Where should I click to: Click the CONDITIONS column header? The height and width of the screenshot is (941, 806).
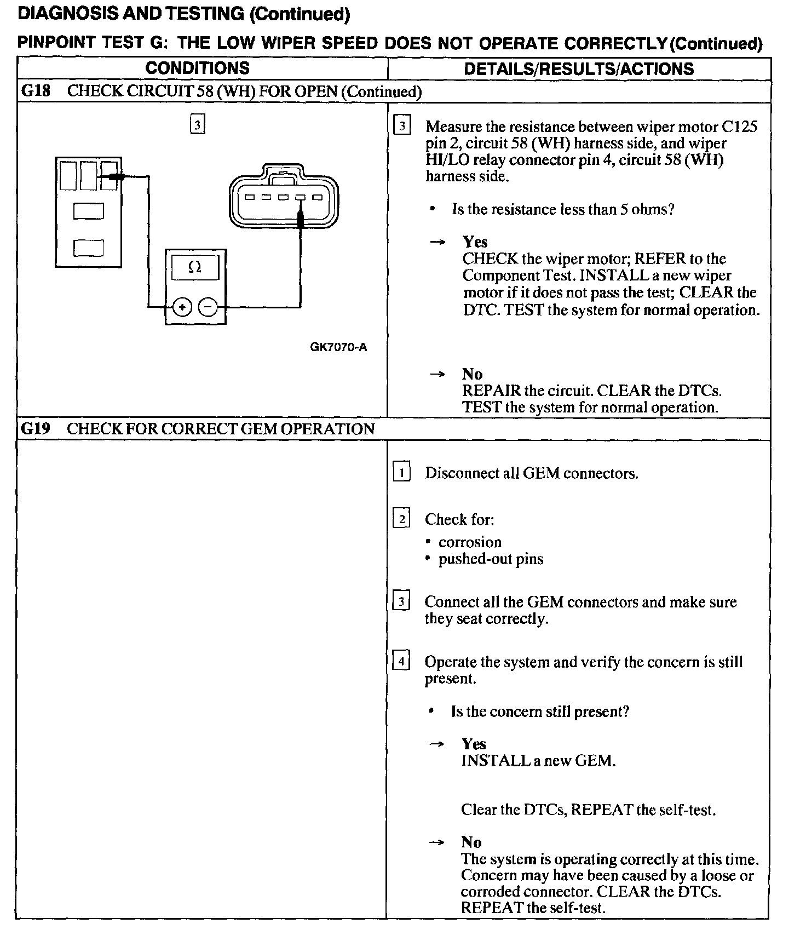tap(197, 68)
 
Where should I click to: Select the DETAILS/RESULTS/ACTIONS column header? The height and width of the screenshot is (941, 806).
tap(579, 69)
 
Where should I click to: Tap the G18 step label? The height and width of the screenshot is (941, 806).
tap(35, 91)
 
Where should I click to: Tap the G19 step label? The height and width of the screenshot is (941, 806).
tap(35, 428)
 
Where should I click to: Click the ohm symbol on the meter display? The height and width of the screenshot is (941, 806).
tap(194, 267)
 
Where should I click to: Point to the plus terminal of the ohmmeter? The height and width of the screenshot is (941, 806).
tap(182, 307)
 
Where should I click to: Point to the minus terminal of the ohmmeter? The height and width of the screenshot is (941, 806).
tap(208, 307)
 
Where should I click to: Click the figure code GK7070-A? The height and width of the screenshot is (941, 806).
tap(338, 347)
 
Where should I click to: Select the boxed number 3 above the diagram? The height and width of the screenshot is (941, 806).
tap(197, 124)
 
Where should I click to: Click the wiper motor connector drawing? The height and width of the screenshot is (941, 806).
tap(284, 196)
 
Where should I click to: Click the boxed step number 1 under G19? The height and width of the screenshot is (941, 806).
tap(401, 472)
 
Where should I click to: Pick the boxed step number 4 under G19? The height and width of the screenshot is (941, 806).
tap(401, 662)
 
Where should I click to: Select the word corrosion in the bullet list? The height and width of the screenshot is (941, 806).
tap(470, 542)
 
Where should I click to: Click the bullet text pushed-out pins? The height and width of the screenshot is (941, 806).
tap(491, 559)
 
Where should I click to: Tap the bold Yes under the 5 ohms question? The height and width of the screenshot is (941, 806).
tap(475, 242)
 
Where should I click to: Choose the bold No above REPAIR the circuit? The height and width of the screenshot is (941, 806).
tap(472, 374)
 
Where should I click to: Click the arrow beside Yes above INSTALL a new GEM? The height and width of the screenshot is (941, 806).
tap(436, 744)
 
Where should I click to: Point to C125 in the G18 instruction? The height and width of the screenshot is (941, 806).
tap(739, 127)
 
